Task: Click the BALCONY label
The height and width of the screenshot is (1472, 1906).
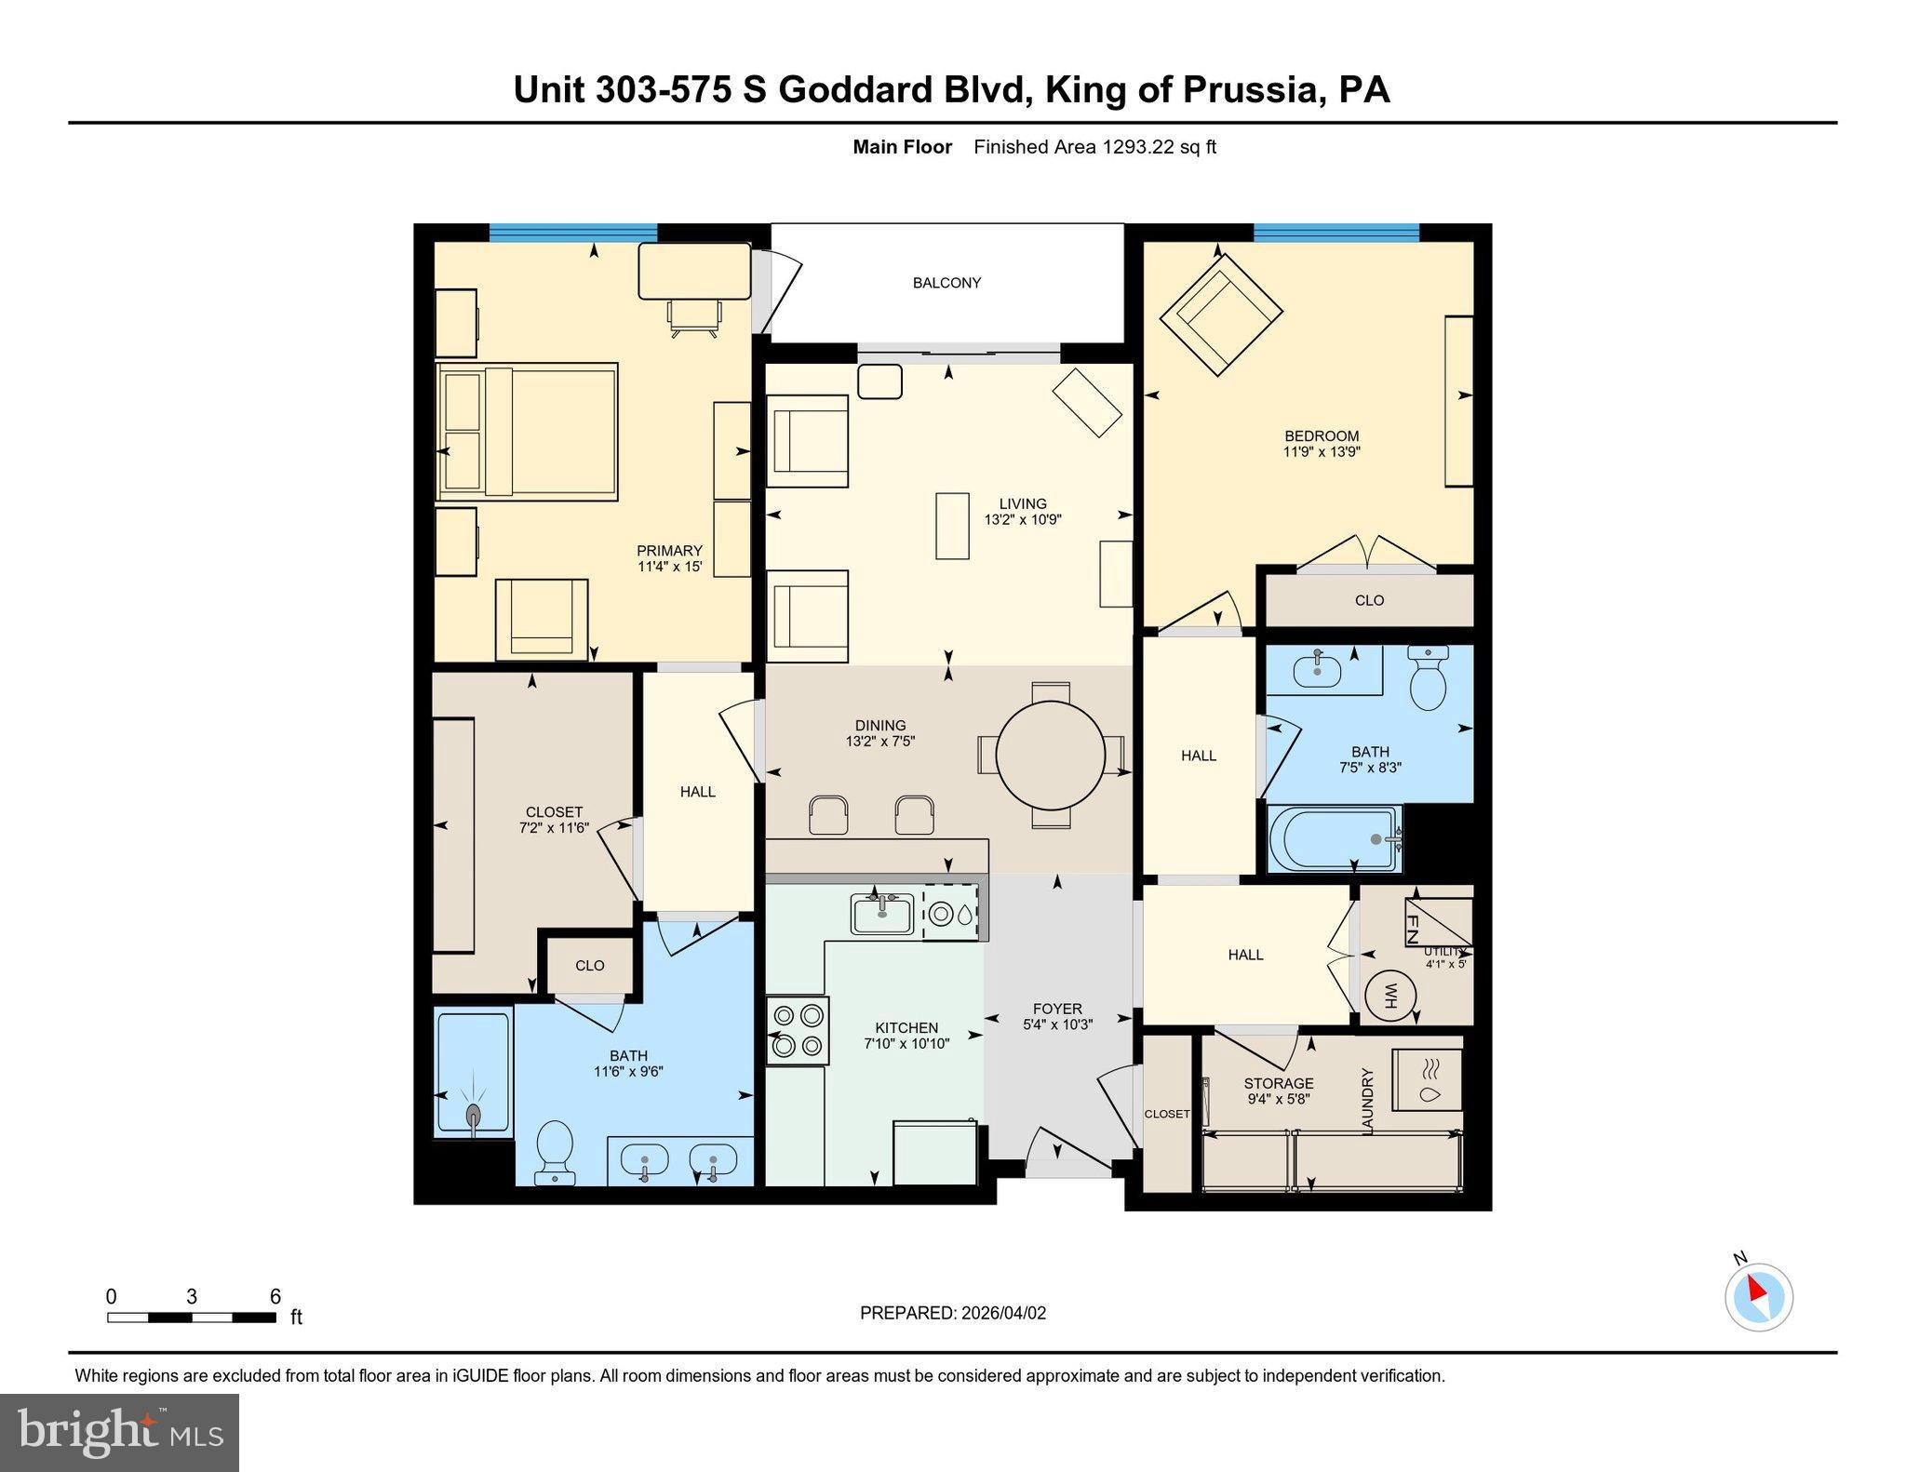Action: [946, 283]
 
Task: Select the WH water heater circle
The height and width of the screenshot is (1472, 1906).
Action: [1389, 997]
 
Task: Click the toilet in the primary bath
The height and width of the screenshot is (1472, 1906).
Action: [556, 1150]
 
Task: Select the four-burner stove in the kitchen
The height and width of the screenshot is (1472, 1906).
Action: [798, 1030]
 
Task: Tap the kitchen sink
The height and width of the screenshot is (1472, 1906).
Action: [881, 914]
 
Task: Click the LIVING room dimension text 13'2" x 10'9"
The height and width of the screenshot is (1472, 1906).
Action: [1023, 520]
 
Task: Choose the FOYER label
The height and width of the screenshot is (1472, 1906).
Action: [1057, 1009]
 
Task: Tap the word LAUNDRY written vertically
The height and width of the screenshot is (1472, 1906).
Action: [1368, 1102]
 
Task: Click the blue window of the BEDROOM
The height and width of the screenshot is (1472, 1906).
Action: [1336, 233]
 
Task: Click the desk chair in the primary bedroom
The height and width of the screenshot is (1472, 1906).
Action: [694, 316]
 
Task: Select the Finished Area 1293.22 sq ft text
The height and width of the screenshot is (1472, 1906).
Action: [1094, 147]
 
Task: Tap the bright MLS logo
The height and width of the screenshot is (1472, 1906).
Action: [119, 1433]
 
